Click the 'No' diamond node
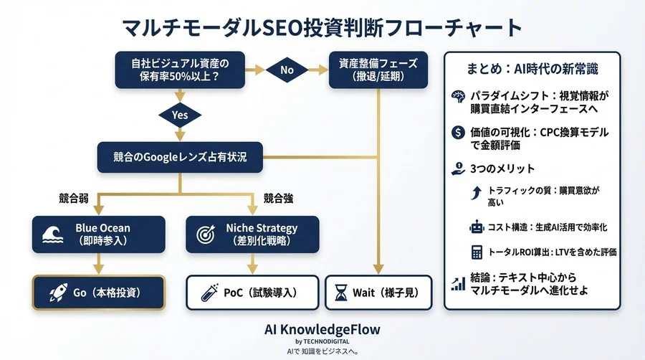point(287,70)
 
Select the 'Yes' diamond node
point(181,114)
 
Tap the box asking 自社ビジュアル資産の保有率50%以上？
point(181,70)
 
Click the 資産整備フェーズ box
point(378,70)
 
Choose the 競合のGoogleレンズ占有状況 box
point(181,156)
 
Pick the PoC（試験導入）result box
point(252,292)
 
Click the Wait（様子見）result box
point(379,292)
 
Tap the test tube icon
point(209,292)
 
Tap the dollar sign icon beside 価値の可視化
point(458,132)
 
